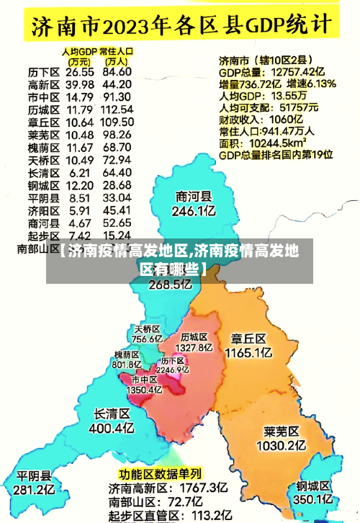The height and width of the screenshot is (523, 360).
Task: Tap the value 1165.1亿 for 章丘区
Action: point(248,353)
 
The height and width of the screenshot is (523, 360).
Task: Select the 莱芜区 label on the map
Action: point(282,432)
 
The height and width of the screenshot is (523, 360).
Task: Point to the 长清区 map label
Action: point(112,414)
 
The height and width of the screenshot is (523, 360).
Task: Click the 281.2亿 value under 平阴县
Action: point(35,490)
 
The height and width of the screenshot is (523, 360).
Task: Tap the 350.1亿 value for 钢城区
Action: point(312,499)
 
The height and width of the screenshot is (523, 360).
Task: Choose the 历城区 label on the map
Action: point(194,336)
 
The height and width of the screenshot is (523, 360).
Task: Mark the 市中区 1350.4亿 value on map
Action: point(144,389)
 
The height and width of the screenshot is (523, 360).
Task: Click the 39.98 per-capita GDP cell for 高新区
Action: point(79,84)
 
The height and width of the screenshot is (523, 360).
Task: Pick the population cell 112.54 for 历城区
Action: point(117,109)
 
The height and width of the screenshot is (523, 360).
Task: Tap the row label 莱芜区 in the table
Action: point(43,135)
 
